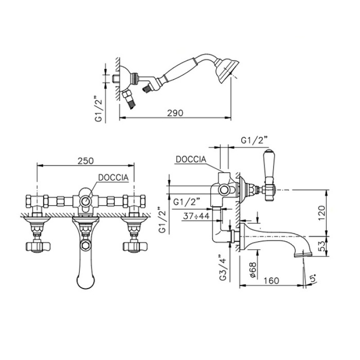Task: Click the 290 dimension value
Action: (x=175, y=113)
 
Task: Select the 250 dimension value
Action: (x=85, y=161)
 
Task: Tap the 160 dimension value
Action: (x=271, y=280)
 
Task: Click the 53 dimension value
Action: (x=322, y=246)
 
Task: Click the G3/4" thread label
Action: (x=223, y=267)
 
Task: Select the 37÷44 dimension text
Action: (x=197, y=216)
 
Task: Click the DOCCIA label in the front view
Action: (x=113, y=177)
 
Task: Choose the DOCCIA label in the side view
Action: (x=191, y=159)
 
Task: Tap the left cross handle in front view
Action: (x=38, y=246)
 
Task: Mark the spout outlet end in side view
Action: (x=303, y=254)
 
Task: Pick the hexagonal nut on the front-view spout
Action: (x=85, y=245)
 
